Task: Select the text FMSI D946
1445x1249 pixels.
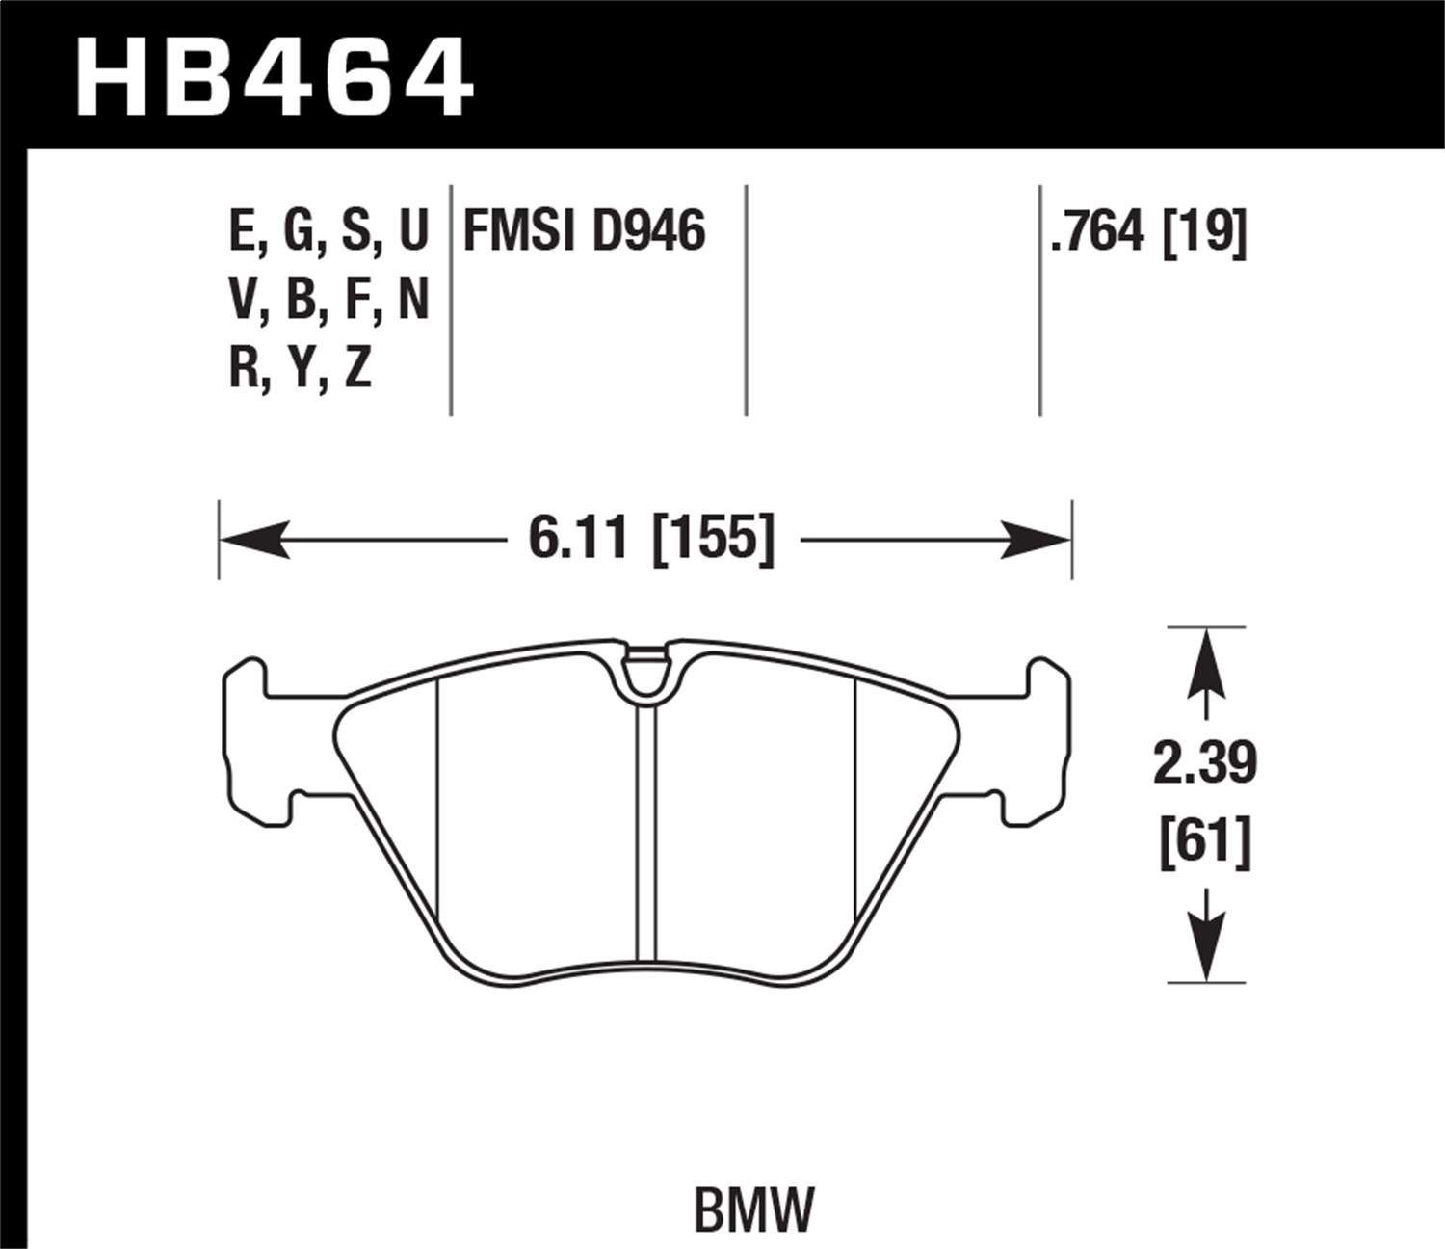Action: point(585,232)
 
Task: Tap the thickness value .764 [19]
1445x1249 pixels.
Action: point(1148,232)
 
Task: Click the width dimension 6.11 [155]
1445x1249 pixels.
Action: point(651,539)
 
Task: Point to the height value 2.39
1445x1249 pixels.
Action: point(1205,764)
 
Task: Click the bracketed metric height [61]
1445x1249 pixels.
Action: point(1205,841)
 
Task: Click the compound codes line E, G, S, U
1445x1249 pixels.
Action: point(328,232)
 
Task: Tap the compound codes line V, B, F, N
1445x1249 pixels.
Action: point(328,301)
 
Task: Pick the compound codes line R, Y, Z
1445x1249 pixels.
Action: point(301,368)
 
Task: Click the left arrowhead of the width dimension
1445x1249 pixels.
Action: point(254,540)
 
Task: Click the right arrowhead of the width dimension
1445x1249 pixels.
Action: point(1037,540)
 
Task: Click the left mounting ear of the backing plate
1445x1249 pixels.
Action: point(252,742)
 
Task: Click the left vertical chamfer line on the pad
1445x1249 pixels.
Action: point(437,800)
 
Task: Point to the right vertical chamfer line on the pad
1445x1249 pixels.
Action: point(855,800)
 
